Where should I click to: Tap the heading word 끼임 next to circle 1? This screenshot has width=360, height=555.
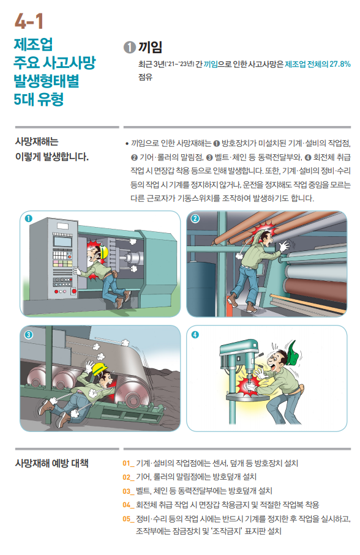[x=150, y=47]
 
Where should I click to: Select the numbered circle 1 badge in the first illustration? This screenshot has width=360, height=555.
[x=28, y=218]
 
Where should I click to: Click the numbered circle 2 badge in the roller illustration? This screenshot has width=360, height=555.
[x=195, y=218]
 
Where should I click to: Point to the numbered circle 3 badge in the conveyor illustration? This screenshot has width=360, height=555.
[x=28, y=335]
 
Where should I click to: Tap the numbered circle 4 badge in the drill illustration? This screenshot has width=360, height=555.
[x=195, y=335]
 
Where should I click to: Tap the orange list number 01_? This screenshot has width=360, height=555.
[x=128, y=463]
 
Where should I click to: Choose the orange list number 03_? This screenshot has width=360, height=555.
[x=128, y=491]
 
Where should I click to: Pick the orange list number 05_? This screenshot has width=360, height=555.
[x=128, y=518]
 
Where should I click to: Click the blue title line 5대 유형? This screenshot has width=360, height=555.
[x=39, y=98]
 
